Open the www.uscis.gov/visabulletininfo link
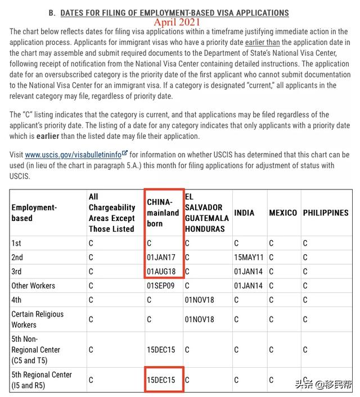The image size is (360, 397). click(73, 155)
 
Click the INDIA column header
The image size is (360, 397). click(244, 213)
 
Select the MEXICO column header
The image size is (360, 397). click(283, 213)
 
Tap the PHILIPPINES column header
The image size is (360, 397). click(326, 213)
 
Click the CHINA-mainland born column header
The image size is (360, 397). click(163, 213)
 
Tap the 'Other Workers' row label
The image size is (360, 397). click(33, 286)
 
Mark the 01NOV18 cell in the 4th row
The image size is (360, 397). click(199, 300)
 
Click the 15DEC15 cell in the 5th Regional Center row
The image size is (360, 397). click(161, 380)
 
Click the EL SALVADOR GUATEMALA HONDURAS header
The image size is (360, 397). click(206, 213)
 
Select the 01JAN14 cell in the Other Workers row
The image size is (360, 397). click(247, 286)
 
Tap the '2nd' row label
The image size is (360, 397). click(18, 258)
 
